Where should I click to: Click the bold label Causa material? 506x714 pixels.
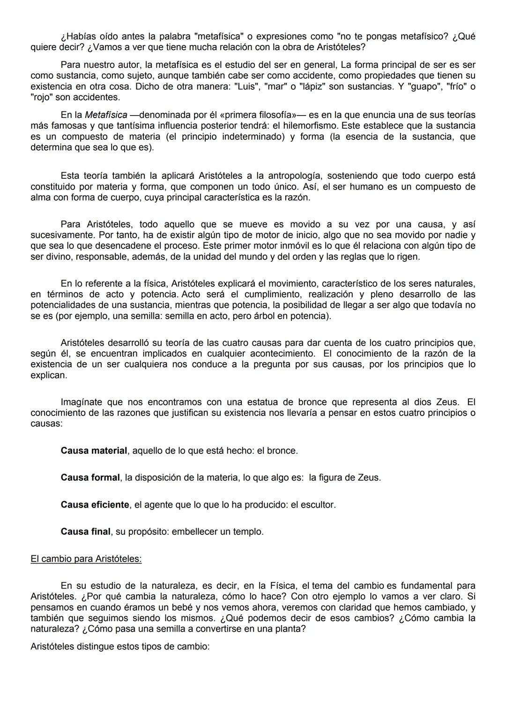point(94,451)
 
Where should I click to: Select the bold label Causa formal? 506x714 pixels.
point(90,478)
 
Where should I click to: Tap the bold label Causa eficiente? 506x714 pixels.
point(95,505)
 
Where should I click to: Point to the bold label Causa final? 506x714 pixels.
point(85,532)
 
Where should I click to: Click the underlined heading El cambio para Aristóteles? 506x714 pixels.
point(86,559)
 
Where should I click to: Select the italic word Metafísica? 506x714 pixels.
point(106,115)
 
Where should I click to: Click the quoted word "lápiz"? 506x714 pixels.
point(308,87)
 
